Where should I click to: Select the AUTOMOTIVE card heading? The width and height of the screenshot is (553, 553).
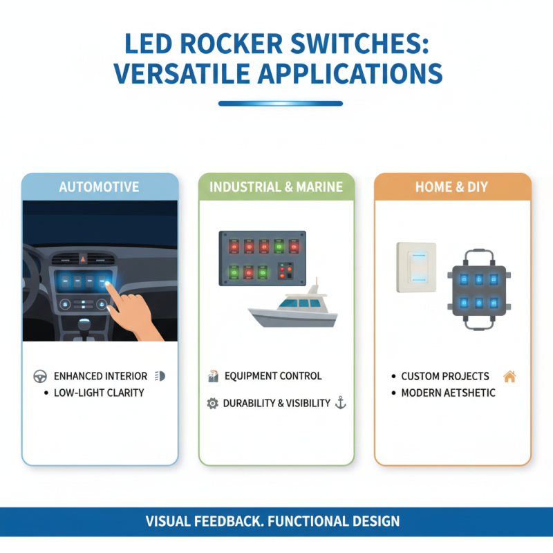point(99,187)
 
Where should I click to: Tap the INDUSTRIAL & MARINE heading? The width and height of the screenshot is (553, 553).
point(276,187)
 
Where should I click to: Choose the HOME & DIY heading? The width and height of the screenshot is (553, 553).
point(453,187)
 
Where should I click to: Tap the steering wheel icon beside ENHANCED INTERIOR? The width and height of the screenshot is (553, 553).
point(39,377)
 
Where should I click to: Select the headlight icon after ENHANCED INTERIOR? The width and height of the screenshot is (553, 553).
point(161,377)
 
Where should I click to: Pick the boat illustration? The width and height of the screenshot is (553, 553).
point(294,308)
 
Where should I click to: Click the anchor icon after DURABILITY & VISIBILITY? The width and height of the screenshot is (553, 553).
point(339,403)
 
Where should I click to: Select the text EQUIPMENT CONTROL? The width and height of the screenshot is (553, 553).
point(272,377)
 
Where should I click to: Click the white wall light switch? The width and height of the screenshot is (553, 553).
point(416,267)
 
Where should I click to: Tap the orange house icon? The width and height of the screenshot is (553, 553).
point(509,377)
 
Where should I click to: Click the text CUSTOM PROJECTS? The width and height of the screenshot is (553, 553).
point(445,377)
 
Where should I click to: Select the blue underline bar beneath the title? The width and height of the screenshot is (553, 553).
point(281,104)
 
